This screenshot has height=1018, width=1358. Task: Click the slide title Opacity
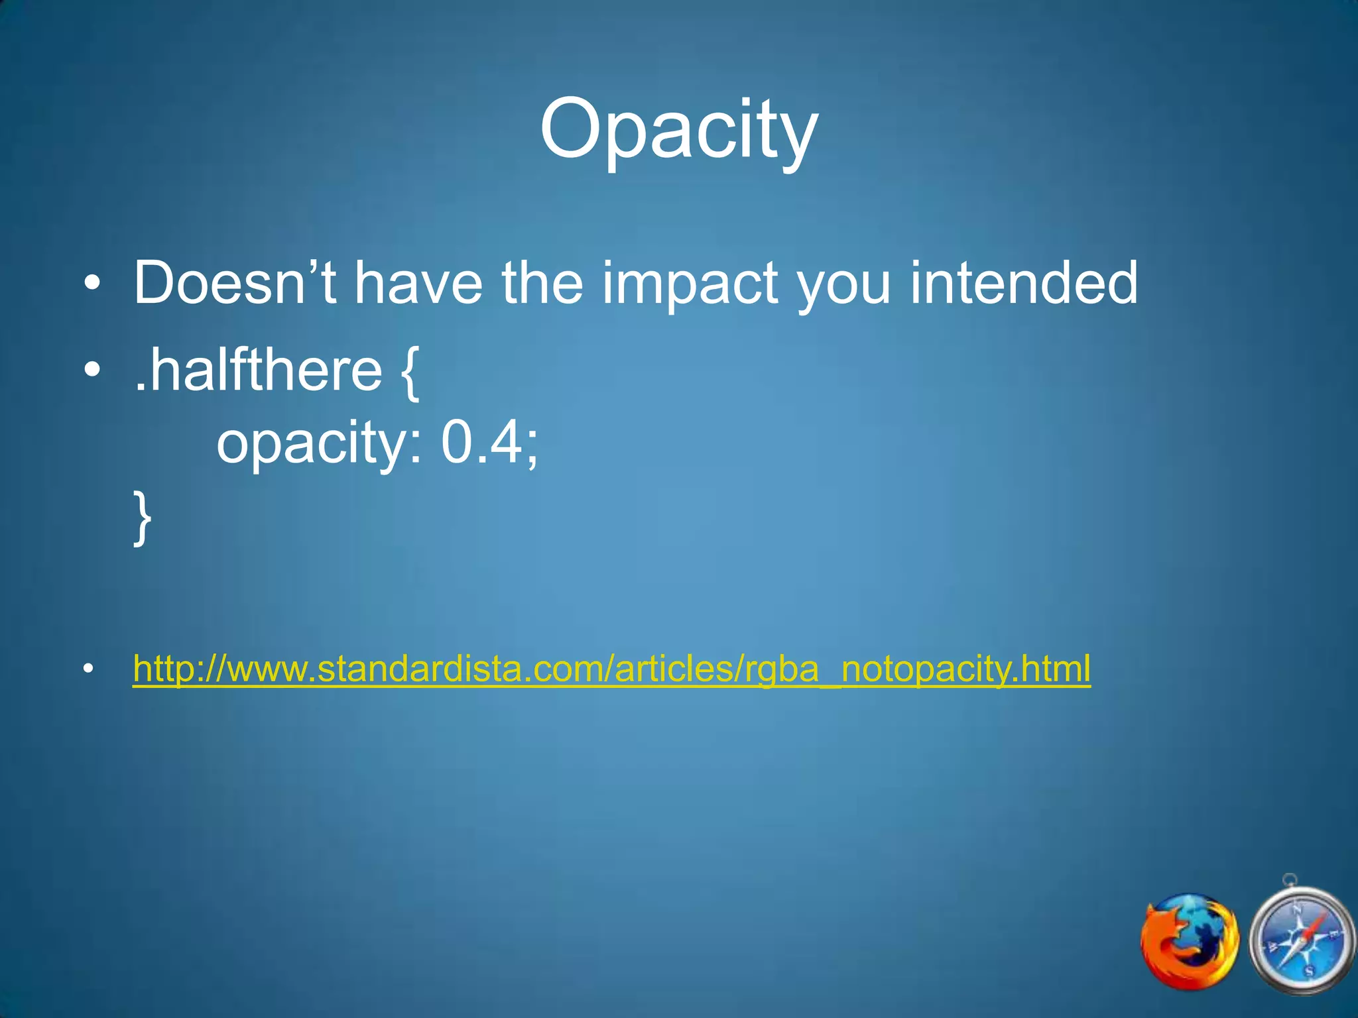tap(679, 129)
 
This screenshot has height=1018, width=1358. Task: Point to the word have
tap(418, 284)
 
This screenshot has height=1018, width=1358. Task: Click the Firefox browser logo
tap(1190, 941)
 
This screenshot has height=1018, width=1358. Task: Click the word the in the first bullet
tap(542, 284)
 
